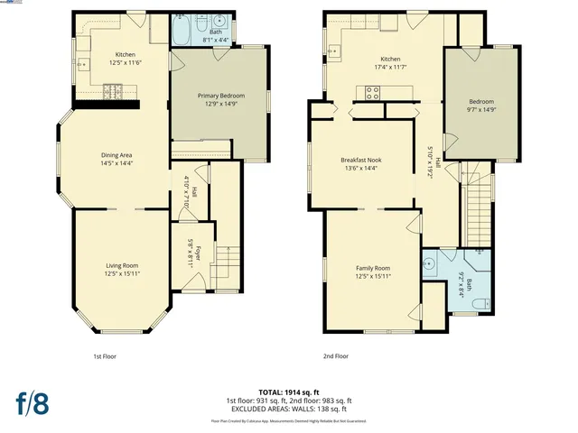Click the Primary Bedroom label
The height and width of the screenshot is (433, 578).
[x=220, y=96]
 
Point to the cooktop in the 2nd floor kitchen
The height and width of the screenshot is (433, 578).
[x=372, y=90]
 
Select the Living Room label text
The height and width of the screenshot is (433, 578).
[x=122, y=264]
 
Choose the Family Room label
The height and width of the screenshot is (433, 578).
[x=372, y=268]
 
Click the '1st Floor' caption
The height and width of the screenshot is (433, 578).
[x=105, y=356]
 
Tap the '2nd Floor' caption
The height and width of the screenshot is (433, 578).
[x=336, y=356]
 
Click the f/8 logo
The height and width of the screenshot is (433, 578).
[x=32, y=401]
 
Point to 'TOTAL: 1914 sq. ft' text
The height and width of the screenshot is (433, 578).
[x=289, y=392]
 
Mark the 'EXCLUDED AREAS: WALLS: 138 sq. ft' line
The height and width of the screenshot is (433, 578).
[x=289, y=409]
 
